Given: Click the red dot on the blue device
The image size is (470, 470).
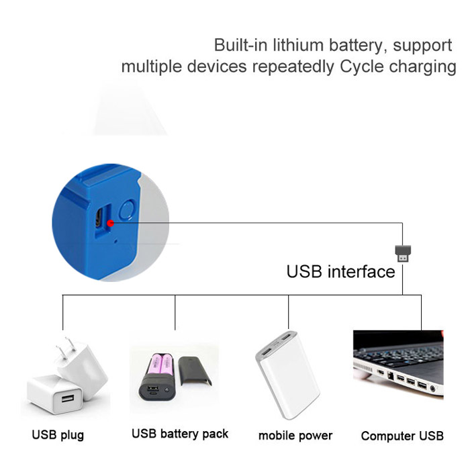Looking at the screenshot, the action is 111,223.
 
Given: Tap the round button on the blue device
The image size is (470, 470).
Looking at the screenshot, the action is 127,209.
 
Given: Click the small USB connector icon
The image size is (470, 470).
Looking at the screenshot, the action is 403,254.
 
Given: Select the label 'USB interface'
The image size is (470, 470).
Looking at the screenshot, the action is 341,271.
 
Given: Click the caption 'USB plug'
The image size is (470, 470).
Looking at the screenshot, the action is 58,435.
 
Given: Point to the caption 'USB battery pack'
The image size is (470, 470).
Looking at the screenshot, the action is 180,434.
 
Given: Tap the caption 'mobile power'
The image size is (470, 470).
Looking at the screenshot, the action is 295,436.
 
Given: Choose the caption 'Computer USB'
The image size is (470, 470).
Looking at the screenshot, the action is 402,436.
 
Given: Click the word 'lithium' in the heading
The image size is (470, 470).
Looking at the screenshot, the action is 297,45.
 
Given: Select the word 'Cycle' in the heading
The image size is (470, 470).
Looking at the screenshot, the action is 362,66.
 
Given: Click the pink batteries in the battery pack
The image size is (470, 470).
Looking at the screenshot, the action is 162,366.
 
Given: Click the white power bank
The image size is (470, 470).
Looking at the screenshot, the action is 288,375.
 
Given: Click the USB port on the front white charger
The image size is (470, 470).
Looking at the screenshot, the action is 68,398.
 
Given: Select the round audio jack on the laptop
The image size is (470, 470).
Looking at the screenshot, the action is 433,389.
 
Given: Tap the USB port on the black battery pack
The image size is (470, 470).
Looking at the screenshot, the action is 153,389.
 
